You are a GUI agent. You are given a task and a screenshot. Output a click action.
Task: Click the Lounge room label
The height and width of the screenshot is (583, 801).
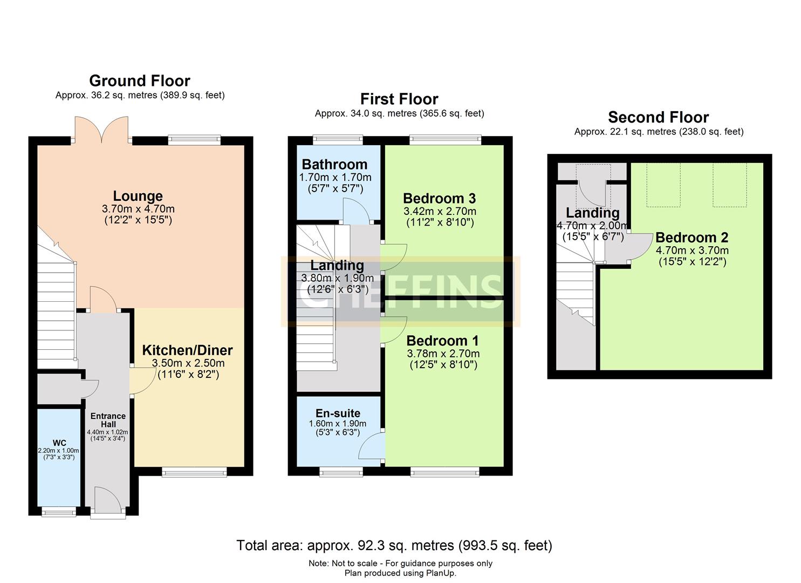138,196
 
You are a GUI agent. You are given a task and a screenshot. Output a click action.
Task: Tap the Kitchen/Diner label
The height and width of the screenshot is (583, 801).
187,350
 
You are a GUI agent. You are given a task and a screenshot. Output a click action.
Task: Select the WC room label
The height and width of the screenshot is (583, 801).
59,443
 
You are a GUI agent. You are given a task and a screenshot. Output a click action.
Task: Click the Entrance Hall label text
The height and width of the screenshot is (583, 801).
108,420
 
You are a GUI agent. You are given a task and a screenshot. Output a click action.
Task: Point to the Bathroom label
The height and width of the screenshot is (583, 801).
334,164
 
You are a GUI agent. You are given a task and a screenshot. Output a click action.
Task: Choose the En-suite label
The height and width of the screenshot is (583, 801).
338,413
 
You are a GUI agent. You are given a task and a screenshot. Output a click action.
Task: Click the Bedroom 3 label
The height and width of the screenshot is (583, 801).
439,198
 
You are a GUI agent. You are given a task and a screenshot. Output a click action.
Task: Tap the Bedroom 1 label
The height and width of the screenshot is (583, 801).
442,341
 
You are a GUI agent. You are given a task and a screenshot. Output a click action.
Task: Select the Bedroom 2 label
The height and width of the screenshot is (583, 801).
692,238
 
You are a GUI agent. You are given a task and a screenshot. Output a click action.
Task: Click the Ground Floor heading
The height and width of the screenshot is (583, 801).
140,81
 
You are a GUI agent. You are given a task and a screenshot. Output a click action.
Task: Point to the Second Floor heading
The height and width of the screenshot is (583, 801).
658,117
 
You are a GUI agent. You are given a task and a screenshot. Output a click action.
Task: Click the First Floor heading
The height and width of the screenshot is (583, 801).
399,99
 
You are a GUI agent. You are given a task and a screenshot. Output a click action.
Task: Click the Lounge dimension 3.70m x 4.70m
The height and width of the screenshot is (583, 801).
138,209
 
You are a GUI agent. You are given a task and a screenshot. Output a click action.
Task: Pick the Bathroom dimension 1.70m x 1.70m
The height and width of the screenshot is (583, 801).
335,177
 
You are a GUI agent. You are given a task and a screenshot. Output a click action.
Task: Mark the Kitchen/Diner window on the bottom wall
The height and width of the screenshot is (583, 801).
194,472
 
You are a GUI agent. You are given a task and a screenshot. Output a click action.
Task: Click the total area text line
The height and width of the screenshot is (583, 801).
394,545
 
